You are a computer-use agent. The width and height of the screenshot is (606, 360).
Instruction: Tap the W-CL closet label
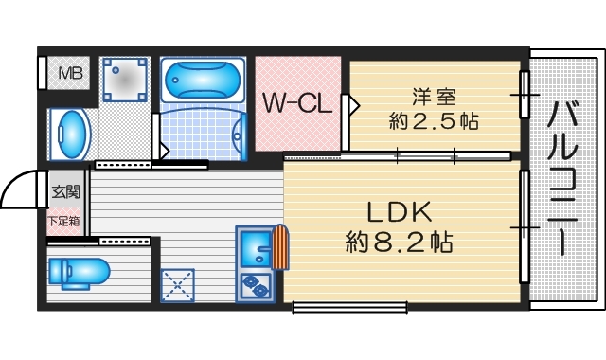click(297, 102)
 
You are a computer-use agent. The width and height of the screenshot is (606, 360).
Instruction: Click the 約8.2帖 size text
click(398, 242)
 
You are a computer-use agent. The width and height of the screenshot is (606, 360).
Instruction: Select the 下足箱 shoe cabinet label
click(64, 221)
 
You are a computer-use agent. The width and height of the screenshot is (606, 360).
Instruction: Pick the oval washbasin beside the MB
click(69, 135)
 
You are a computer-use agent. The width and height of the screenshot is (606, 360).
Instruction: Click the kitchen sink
click(255, 248)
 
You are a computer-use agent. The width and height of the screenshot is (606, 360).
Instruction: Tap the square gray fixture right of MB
click(126, 80)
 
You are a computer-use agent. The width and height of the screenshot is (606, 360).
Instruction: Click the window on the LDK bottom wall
click(350, 306)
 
